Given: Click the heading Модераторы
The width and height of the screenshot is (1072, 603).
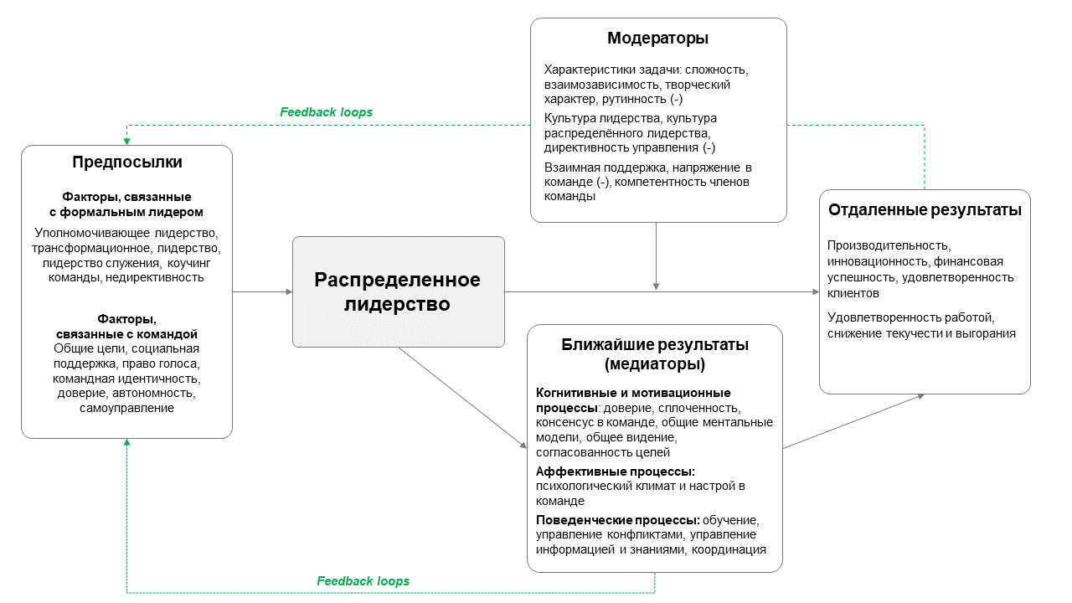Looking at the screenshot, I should [x=658, y=39].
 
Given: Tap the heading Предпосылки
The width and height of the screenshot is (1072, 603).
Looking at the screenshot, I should [x=127, y=162].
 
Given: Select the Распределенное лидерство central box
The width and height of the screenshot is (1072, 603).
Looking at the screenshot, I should [x=398, y=291].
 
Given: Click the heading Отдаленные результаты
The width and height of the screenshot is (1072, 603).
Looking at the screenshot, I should [x=925, y=210].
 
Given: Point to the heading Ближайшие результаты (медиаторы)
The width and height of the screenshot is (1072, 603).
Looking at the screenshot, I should [x=654, y=354].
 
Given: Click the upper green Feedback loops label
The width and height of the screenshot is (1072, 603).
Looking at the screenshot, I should [x=326, y=111].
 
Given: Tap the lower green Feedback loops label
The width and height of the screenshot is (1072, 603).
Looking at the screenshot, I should [x=363, y=580].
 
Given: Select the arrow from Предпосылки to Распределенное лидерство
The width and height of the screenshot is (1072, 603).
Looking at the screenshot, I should [x=262, y=291].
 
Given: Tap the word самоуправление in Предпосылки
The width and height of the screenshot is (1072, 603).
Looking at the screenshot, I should [x=127, y=408].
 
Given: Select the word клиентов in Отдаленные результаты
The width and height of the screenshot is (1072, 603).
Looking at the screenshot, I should [x=853, y=293].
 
